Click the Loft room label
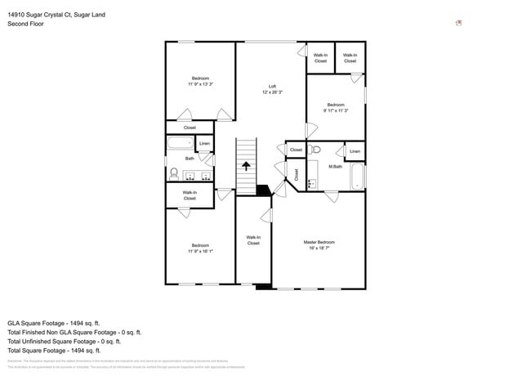(272, 89)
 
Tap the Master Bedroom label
(319, 245)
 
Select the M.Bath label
(335, 167)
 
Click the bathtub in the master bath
(357, 177)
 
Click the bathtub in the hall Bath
(178, 145)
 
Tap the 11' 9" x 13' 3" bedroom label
(200, 82)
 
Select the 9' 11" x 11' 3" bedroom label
(336, 107)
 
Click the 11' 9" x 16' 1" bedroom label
(200, 248)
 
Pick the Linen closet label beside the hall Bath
(204, 144)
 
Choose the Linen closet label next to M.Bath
(355, 151)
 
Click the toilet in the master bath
(315, 150)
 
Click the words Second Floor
(26, 24)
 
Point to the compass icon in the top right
(459, 23)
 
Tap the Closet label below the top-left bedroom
(190, 128)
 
